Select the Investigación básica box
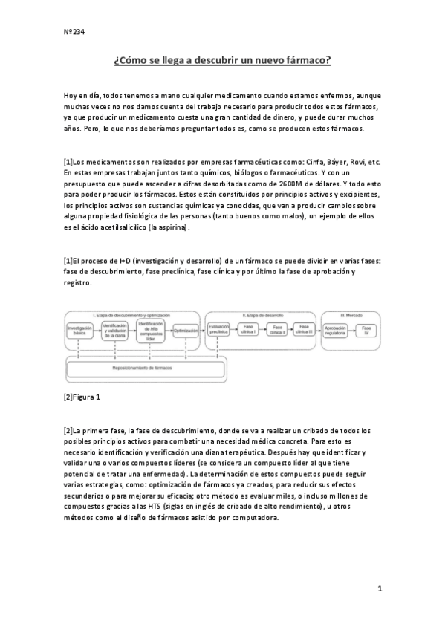(79, 330)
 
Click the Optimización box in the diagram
(186, 330)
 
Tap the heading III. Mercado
(351, 315)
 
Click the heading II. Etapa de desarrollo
(263, 315)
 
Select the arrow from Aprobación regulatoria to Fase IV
(351, 329)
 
